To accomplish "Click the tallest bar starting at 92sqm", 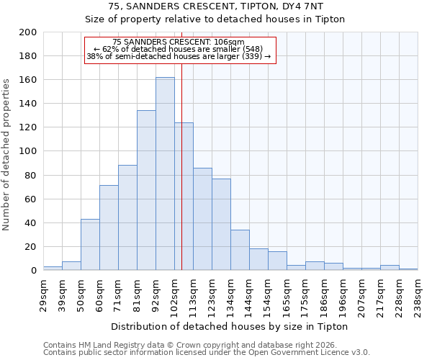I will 165,174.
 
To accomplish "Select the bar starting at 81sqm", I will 146,190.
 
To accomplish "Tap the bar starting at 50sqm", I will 90,244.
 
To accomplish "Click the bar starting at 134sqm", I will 240,250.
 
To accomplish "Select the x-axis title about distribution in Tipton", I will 230,326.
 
